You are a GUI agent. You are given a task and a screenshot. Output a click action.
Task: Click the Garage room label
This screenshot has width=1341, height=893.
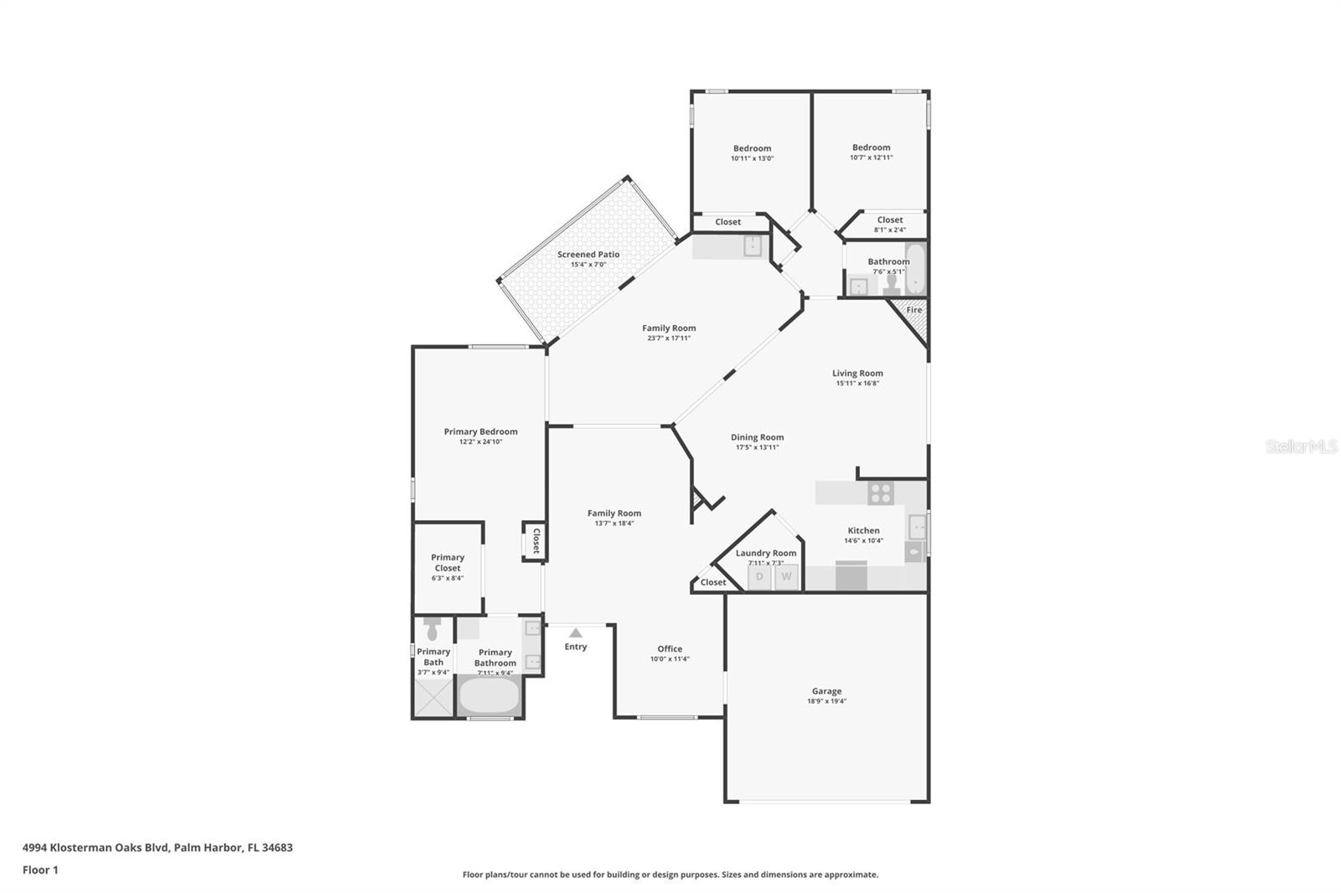coord(826,691)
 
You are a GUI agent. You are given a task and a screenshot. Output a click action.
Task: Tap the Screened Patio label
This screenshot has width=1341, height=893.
coord(588,255)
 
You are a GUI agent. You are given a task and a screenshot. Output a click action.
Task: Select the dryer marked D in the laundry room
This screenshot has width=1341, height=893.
coord(759,577)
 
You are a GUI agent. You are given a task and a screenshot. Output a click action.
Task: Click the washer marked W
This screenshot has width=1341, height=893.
coord(786,577)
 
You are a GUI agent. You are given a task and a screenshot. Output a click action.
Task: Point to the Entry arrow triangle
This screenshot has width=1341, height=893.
coord(576,633)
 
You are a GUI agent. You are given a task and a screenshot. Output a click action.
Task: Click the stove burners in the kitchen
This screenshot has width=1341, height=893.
coord(881,493)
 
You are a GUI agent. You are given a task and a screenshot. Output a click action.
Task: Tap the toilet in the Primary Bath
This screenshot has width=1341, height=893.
coord(432,629)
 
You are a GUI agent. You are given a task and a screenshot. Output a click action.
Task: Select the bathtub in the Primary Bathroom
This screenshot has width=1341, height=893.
coord(490,694)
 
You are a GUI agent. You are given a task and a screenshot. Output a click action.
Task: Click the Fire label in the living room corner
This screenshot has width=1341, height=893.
coord(914,310)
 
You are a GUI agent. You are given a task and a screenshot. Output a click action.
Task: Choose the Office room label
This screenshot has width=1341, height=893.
coord(670,648)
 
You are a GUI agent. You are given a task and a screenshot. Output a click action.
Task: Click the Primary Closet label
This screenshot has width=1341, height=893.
coord(448,562)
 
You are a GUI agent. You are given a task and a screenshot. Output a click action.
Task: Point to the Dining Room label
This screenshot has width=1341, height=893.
coord(757,437)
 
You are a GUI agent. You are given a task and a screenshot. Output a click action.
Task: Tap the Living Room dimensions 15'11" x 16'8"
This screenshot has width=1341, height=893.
coord(857,384)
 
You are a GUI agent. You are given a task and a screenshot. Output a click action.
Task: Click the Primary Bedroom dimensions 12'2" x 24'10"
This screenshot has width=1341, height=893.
coord(480,442)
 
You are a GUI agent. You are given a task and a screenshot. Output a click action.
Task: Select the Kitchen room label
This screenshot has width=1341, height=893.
coord(863,530)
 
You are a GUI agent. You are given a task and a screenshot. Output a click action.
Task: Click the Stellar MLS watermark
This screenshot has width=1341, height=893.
coord(1302,446)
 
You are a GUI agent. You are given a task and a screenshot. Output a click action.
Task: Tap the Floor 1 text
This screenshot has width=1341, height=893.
coord(40,870)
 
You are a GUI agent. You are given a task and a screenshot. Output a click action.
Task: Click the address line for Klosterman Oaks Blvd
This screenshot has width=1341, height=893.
coord(158,847)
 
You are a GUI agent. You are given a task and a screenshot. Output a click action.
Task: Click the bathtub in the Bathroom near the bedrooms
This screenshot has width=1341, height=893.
coord(915,268)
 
